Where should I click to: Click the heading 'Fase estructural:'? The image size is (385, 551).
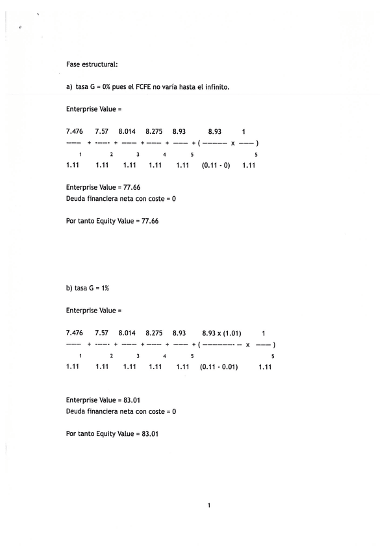tap(92, 64)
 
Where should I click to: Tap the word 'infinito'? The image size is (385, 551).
tap(216, 86)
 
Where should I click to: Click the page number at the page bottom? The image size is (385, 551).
tap(209, 504)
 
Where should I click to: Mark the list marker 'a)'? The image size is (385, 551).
tap(69, 86)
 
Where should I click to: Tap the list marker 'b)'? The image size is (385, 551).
tap(69, 287)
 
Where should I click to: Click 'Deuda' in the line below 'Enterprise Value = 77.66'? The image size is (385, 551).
tap(76, 199)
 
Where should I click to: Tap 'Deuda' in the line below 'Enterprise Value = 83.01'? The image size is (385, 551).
tap(76, 411)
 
